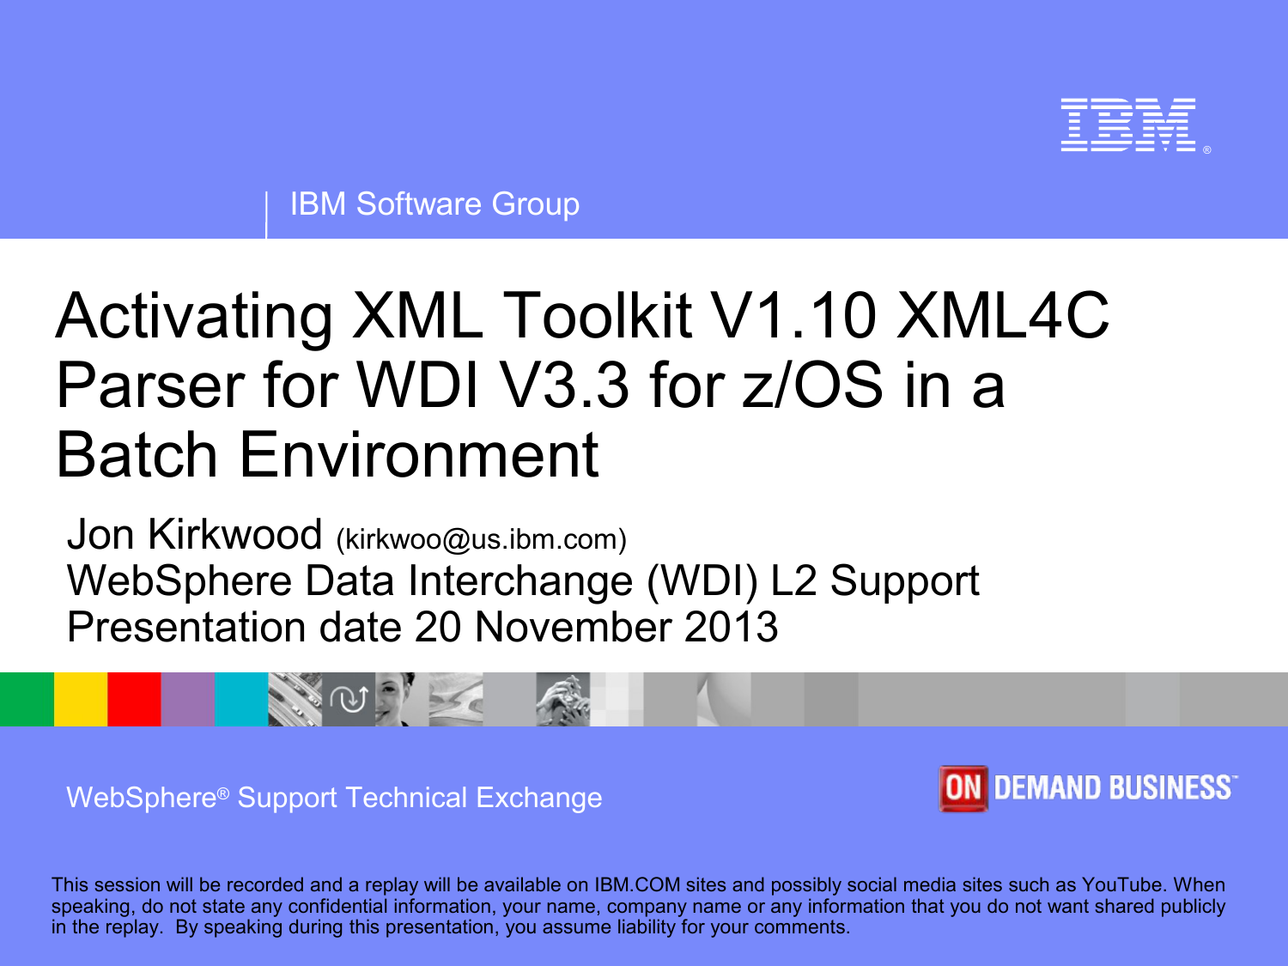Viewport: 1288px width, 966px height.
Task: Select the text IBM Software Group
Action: click(434, 204)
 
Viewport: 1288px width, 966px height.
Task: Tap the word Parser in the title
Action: click(150, 386)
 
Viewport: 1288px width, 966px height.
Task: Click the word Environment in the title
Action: click(419, 454)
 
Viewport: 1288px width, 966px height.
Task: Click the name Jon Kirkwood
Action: click(194, 534)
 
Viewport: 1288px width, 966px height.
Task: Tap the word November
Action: click(574, 627)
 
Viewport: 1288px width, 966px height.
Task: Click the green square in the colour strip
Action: click(27, 699)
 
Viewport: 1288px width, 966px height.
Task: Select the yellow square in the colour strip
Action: click(81, 699)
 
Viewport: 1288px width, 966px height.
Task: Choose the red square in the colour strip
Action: click(134, 699)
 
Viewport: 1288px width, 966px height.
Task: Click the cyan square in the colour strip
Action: click(242, 699)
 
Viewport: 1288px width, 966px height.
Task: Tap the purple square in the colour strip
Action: click(188, 699)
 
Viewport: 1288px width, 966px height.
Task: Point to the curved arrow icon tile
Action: click(349, 699)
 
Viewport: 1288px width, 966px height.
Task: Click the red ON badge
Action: click(963, 788)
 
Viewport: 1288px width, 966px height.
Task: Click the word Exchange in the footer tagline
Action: click(539, 798)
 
